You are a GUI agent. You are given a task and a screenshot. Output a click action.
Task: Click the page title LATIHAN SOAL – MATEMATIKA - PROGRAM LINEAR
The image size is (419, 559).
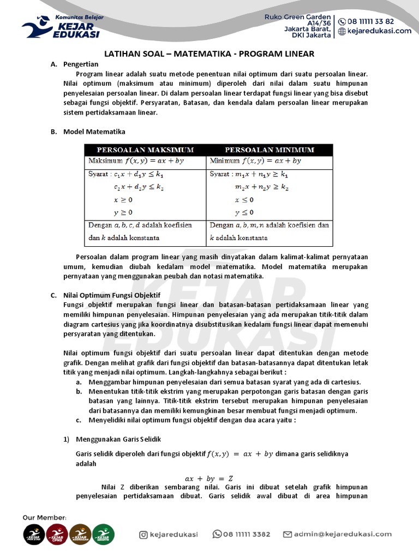[209, 54]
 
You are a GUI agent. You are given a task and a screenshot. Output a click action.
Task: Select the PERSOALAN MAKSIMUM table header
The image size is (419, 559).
[145, 150]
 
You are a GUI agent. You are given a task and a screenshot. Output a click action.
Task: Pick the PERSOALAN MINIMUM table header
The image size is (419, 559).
[270, 150]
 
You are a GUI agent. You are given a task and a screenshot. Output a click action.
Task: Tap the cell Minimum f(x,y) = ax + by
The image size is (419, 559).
[255, 161]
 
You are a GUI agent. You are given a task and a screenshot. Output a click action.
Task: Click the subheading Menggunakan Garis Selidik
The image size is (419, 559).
[118, 439]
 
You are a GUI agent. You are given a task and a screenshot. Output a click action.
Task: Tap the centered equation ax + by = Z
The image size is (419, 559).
[209, 479]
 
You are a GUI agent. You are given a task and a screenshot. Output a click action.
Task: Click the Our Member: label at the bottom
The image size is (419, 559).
[45, 517]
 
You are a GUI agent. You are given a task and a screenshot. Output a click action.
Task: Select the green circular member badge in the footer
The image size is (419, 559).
[103, 534]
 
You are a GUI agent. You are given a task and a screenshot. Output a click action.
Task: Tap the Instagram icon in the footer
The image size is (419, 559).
[143, 534]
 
